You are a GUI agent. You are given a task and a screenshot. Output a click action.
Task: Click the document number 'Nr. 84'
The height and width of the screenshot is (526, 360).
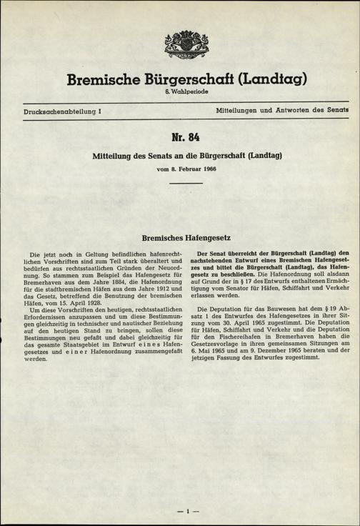tap(180, 139)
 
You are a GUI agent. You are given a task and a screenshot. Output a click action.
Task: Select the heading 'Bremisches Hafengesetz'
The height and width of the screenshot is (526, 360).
tap(179, 234)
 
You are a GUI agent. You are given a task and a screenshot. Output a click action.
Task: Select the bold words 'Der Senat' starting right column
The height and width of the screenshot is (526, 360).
tap(212, 254)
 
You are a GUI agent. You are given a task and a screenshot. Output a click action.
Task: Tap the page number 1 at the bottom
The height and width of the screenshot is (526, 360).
tap(186, 512)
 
